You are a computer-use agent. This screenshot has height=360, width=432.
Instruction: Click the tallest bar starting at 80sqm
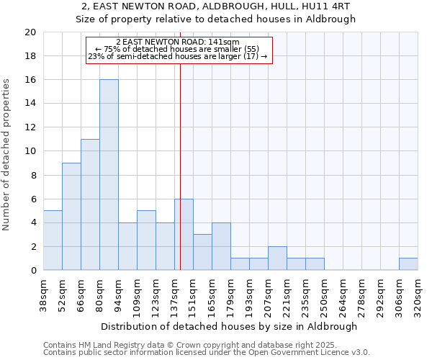click(x=109, y=175)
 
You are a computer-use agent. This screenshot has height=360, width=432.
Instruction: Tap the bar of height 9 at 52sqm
click(x=71, y=217)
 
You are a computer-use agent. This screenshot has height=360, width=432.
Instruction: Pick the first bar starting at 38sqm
click(x=53, y=240)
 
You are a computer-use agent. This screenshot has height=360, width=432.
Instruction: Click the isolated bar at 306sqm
click(x=408, y=264)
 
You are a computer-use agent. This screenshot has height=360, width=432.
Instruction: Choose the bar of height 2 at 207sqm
click(x=277, y=258)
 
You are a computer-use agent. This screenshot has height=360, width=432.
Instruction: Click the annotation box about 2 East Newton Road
click(x=179, y=50)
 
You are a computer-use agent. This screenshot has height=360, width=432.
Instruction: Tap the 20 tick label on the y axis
click(x=30, y=32)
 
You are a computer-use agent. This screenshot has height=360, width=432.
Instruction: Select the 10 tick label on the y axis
click(x=30, y=151)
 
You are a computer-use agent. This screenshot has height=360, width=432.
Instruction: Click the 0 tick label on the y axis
click(x=32, y=271)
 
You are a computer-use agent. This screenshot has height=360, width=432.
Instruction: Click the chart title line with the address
click(x=216, y=6)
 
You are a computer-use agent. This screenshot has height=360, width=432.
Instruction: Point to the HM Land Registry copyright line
click(x=190, y=345)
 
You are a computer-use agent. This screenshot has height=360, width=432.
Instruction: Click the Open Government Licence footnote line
click(x=207, y=353)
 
